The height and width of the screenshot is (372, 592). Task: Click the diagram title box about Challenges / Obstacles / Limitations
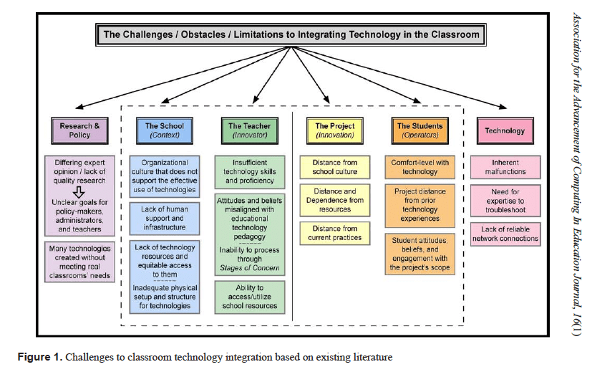pos(291,34)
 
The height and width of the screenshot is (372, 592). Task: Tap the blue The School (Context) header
pos(165,130)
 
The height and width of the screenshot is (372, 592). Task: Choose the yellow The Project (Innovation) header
pos(334,130)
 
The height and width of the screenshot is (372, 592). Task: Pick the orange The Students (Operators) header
pos(419,130)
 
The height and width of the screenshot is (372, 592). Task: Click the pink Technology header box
pos(505,130)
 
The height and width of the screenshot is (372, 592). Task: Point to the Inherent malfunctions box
pos(505,168)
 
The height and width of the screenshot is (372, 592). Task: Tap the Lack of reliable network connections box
pos(505,234)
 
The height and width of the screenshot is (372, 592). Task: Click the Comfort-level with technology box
pos(419,168)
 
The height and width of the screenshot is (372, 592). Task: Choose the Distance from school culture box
pos(334,168)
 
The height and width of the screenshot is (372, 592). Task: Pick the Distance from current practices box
pos(334,233)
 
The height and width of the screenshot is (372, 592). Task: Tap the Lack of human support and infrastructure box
pos(165,218)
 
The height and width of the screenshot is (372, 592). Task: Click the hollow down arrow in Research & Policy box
pos(79,192)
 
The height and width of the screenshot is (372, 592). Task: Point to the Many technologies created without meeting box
pos(79,262)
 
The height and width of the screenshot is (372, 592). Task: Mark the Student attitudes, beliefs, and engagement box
pos(419,253)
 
